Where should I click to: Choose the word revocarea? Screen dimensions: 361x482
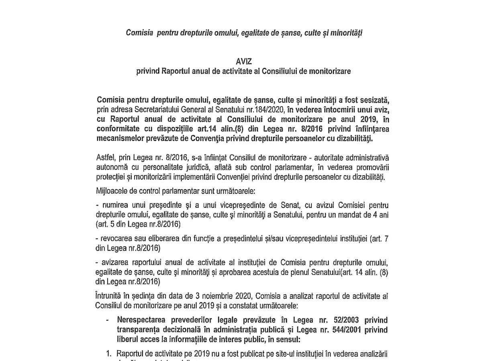click(117, 240)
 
